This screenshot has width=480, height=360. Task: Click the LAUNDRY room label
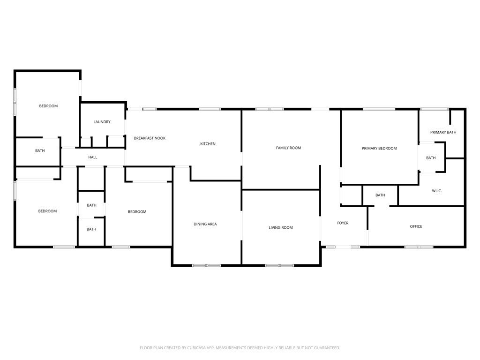[x=102, y=122]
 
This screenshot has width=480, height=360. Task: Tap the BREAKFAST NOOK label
[x=150, y=138]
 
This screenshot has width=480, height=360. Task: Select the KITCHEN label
[x=208, y=144]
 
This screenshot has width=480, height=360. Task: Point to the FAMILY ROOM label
[x=288, y=148]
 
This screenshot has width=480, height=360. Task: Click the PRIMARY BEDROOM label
[x=379, y=149]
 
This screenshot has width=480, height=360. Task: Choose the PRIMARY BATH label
[x=443, y=133]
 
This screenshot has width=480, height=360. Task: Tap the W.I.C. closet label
[x=436, y=191]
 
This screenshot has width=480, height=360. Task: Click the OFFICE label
[x=416, y=227]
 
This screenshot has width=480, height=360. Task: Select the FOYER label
[x=343, y=223]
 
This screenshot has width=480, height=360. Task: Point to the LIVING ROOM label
[x=280, y=228]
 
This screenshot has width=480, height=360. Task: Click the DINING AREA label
[x=205, y=224]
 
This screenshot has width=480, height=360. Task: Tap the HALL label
[x=93, y=157]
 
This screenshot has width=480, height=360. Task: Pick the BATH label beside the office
[x=380, y=195]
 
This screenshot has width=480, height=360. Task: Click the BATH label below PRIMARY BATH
[x=431, y=158]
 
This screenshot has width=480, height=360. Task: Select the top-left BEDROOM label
[x=48, y=106]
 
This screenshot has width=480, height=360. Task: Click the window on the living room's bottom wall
[x=279, y=266]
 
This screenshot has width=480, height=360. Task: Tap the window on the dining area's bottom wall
[x=207, y=266]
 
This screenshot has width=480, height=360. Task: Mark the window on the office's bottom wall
[x=419, y=247]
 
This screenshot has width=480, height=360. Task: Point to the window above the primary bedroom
[x=379, y=109]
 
